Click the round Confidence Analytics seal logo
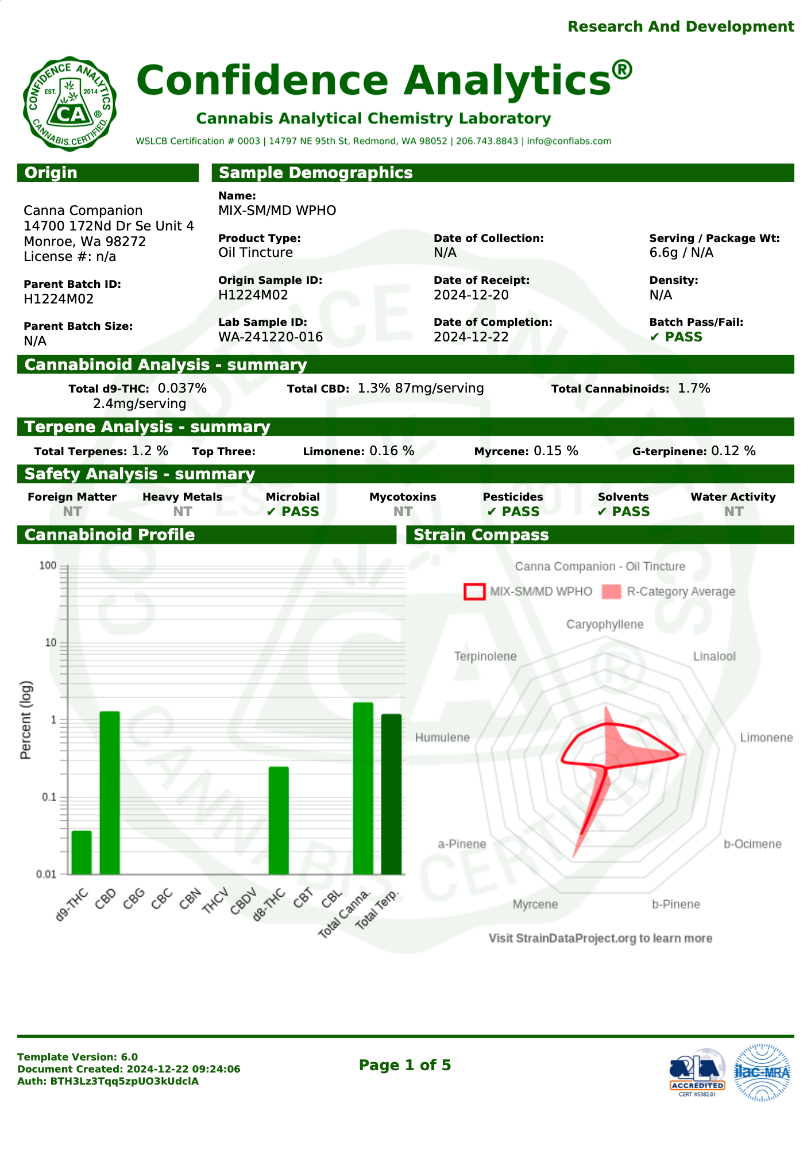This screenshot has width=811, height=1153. (69, 104)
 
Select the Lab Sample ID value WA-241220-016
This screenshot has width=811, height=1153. (270, 337)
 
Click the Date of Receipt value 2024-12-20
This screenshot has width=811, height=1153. (470, 295)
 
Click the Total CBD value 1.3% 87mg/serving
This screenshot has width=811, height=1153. (420, 389)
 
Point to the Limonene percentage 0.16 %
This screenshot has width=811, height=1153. (391, 451)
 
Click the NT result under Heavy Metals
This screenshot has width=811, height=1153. (182, 512)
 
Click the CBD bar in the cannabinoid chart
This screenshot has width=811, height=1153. (110, 793)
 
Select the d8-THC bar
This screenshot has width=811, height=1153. (279, 821)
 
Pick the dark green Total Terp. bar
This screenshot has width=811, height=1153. (391, 794)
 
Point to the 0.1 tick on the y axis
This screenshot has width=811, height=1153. (49, 797)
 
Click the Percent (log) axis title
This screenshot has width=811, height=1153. (26, 720)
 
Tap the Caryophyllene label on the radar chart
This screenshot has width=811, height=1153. (604, 625)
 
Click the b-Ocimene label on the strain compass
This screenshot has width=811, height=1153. (752, 844)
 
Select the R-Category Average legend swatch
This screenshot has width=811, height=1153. (611, 592)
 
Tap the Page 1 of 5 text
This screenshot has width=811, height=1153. (404, 1065)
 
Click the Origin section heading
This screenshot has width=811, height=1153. (51, 173)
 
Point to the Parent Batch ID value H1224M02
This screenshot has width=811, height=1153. (58, 299)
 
